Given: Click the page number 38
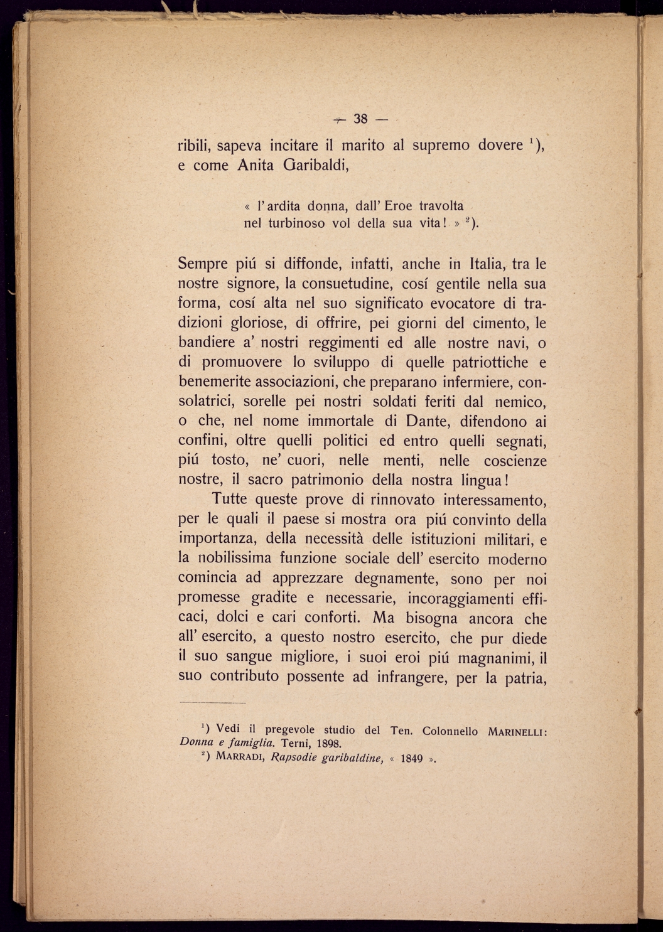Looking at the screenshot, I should [x=360, y=119].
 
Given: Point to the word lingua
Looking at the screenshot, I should [x=480, y=480].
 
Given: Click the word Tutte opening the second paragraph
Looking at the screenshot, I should [x=231, y=500].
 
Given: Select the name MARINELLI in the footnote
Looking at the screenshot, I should [x=515, y=731].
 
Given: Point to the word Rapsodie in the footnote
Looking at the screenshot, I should [x=293, y=758].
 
